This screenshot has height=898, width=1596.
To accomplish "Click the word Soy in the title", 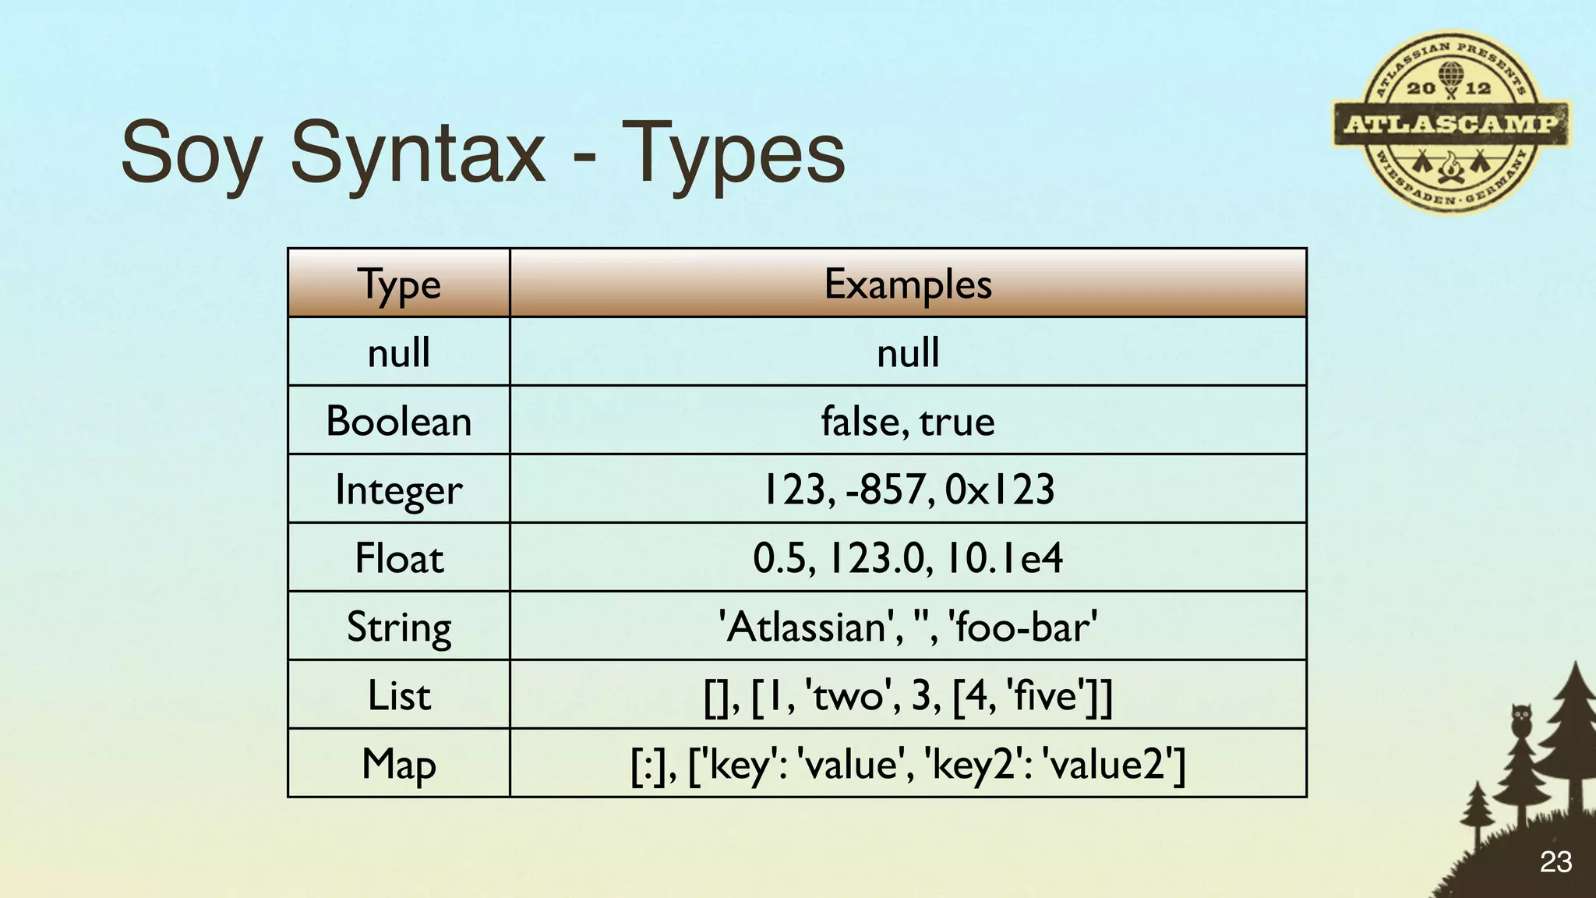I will pyautogui.click(x=191, y=154).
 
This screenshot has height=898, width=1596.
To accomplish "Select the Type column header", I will pyautogui.click(x=398, y=284).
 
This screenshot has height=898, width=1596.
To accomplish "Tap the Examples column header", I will pyautogui.click(x=908, y=284).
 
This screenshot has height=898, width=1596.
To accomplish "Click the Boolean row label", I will pyautogui.click(x=398, y=421).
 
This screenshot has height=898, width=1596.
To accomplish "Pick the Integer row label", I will pyautogui.click(x=398, y=491).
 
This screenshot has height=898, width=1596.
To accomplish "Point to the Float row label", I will pyautogui.click(x=398, y=558).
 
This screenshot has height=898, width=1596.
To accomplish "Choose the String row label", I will pyautogui.click(x=398, y=628).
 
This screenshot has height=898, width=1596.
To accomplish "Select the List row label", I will pyautogui.click(x=398, y=695).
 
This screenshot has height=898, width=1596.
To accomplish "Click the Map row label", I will pyautogui.click(x=398, y=764).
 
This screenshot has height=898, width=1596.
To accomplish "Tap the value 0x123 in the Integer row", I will pyautogui.click(x=1000, y=490).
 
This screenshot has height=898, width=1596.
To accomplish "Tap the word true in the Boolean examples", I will pyautogui.click(x=957, y=422).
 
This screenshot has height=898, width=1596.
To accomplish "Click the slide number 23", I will pyautogui.click(x=1555, y=862).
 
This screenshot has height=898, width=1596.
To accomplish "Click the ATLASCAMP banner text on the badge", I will pyautogui.click(x=1451, y=123).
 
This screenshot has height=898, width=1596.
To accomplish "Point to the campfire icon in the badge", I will pyautogui.click(x=1451, y=167).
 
